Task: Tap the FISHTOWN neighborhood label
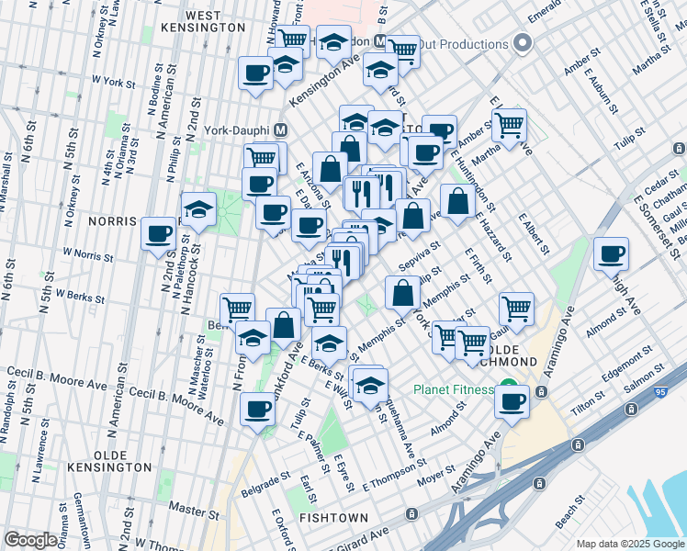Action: (333, 518)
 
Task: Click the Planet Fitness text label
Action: (453, 389)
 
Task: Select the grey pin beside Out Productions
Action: (523, 43)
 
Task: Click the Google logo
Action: (30, 540)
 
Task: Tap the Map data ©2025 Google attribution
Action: (629, 544)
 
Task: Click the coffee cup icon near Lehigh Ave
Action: (611, 253)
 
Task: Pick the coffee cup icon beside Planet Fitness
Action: (512, 400)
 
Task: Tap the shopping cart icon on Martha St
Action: (508, 124)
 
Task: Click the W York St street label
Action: (113, 82)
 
